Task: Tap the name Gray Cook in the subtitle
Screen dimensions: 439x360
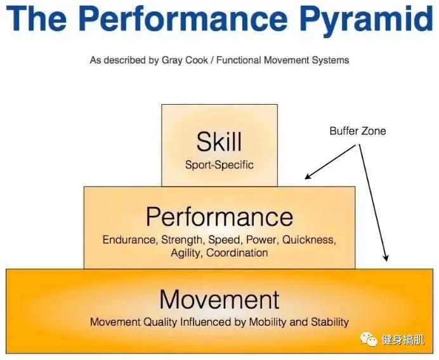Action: click(185, 60)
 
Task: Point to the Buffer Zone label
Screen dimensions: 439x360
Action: click(358, 131)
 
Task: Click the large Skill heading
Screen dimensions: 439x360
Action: click(219, 142)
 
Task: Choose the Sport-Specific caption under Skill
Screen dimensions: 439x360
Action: click(219, 164)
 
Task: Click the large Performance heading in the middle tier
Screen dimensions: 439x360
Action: click(219, 217)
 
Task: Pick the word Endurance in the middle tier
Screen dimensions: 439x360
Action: click(129, 240)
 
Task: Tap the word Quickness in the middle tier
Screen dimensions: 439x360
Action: click(309, 240)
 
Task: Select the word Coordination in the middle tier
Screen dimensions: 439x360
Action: click(237, 253)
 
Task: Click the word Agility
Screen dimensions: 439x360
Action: click(186, 253)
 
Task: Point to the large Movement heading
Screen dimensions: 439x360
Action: click(219, 299)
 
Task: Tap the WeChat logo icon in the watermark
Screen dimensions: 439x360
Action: click(369, 339)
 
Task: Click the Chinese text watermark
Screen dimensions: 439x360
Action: click(403, 340)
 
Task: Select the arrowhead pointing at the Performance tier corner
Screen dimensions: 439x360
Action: click(308, 177)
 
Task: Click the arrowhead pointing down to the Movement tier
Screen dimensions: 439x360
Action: click(386, 258)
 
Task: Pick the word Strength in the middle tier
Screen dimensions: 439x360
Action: click(182, 240)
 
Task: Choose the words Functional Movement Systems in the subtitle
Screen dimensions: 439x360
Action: click(282, 60)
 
